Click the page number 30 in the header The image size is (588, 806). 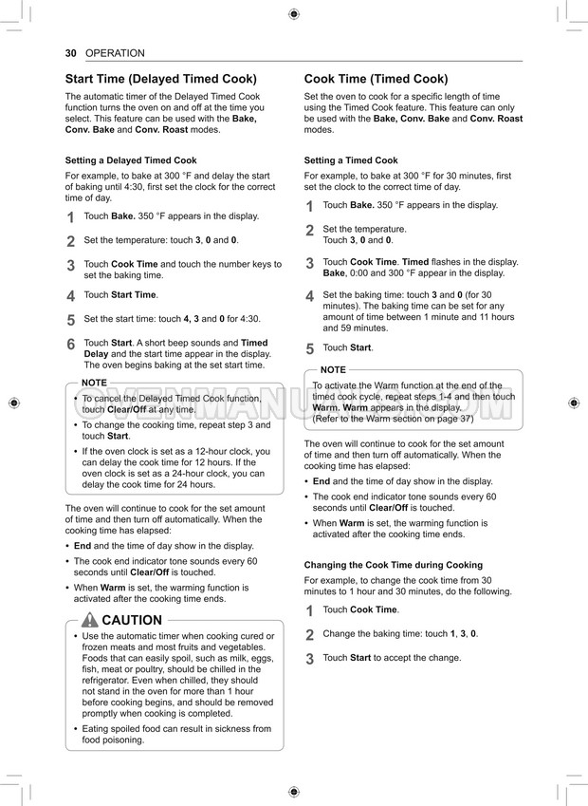pos(71,53)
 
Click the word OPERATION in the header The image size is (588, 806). pos(115,53)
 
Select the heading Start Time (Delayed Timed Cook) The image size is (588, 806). pos(160,80)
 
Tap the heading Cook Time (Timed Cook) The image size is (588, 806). pos(376,80)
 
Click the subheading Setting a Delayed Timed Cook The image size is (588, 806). pos(131,160)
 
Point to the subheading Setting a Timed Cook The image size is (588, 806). pos(351,160)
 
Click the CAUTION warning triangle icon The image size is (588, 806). pos(90,620)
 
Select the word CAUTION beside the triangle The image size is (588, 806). pos(132,621)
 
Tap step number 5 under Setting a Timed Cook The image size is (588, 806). pos(309,349)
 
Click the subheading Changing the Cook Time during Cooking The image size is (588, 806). pos(393,565)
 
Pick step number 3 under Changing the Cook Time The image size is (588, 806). pos(309,659)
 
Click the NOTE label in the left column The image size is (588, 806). pos(94,383)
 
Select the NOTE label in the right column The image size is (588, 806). pos(333,369)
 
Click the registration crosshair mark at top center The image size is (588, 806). pos(293,13)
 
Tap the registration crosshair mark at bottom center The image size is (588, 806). pos(293,792)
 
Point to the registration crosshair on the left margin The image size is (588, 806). pos(13,403)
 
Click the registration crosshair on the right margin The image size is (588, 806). pos(574,403)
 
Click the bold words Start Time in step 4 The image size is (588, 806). pos(134,295)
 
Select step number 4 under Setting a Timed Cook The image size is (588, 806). pos(309,297)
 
